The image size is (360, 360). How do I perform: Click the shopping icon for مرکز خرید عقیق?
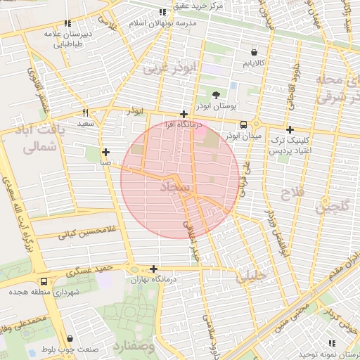[162, 12]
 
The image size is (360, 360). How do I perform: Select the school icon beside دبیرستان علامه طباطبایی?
[67, 23]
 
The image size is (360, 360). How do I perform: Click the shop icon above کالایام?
[254, 52]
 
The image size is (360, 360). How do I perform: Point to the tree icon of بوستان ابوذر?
[215, 94]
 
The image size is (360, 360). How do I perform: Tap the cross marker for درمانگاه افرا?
[184, 114]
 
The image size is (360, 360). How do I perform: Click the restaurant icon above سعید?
[86, 112]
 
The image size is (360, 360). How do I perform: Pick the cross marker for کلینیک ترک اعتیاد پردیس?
[289, 129]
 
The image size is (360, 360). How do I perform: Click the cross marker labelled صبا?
[105, 152]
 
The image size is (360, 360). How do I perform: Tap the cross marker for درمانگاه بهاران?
[153, 269]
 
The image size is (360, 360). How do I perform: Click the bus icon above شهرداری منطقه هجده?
[44, 281]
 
